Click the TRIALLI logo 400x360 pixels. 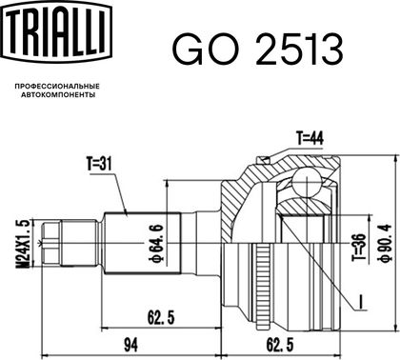56,30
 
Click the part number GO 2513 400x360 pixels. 257,50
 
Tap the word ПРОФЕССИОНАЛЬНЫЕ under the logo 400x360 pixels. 57,87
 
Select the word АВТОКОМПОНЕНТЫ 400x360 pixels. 58,94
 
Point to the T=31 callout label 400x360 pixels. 99,164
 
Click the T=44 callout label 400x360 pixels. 310,138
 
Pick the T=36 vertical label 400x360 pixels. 359,248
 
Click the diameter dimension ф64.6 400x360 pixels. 156,244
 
